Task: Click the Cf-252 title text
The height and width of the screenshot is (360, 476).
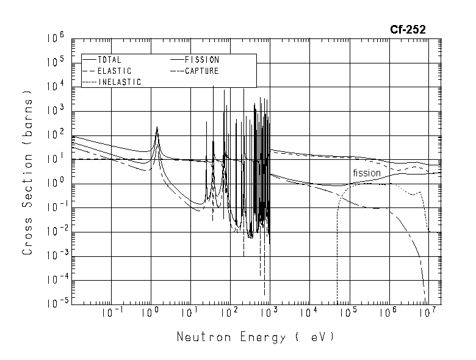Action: pos(408,29)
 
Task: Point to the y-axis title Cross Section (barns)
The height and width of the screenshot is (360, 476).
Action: pos(27,172)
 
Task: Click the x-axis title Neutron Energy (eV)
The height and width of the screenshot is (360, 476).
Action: pos(255,336)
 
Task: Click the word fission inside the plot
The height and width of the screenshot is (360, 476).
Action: pos(366,173)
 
